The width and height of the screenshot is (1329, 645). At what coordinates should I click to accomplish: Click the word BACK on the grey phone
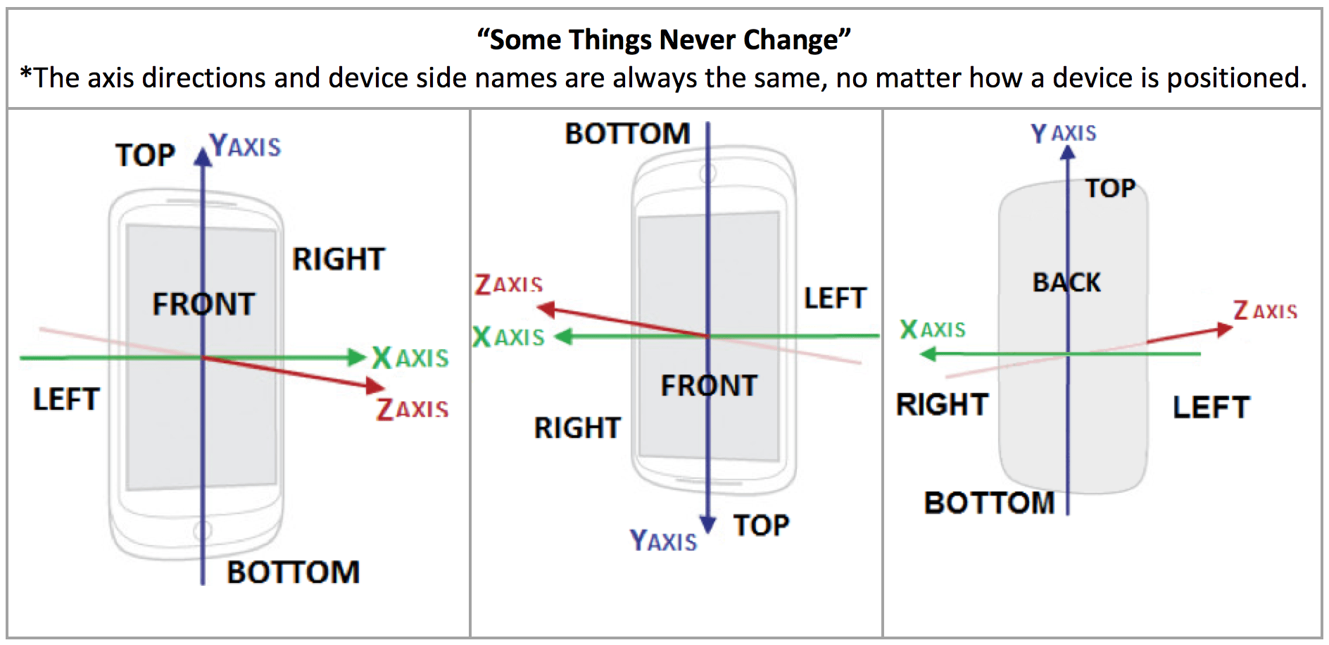click(1066, 282)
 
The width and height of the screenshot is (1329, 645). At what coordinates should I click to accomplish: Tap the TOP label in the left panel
click(145, 155)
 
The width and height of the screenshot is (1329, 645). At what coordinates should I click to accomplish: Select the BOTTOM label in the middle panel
click(626, 134)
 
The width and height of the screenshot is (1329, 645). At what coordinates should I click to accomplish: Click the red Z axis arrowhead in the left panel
click(376, 385)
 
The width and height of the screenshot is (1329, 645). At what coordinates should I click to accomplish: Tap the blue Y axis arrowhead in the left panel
click(203, 156)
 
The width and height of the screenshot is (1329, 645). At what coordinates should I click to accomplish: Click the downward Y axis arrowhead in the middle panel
click(708, 525)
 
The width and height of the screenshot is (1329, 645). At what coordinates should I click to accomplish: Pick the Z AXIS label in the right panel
click(1265, 311)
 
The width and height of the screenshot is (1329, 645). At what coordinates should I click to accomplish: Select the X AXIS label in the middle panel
click(508, 337)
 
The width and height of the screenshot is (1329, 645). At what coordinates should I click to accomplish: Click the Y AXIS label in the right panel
click(1063, 133)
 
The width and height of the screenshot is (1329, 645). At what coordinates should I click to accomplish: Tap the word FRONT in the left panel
click(203, 304)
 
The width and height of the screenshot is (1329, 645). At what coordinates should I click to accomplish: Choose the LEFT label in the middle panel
click(835, 299)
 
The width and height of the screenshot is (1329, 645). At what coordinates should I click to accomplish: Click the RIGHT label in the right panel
click(942, 405)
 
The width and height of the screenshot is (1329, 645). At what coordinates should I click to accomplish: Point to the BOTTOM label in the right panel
click(989, 503)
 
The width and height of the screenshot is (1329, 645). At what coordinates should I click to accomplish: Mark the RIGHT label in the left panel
click(339, 259)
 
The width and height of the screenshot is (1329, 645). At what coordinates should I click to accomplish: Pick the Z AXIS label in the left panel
click(412, 408)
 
